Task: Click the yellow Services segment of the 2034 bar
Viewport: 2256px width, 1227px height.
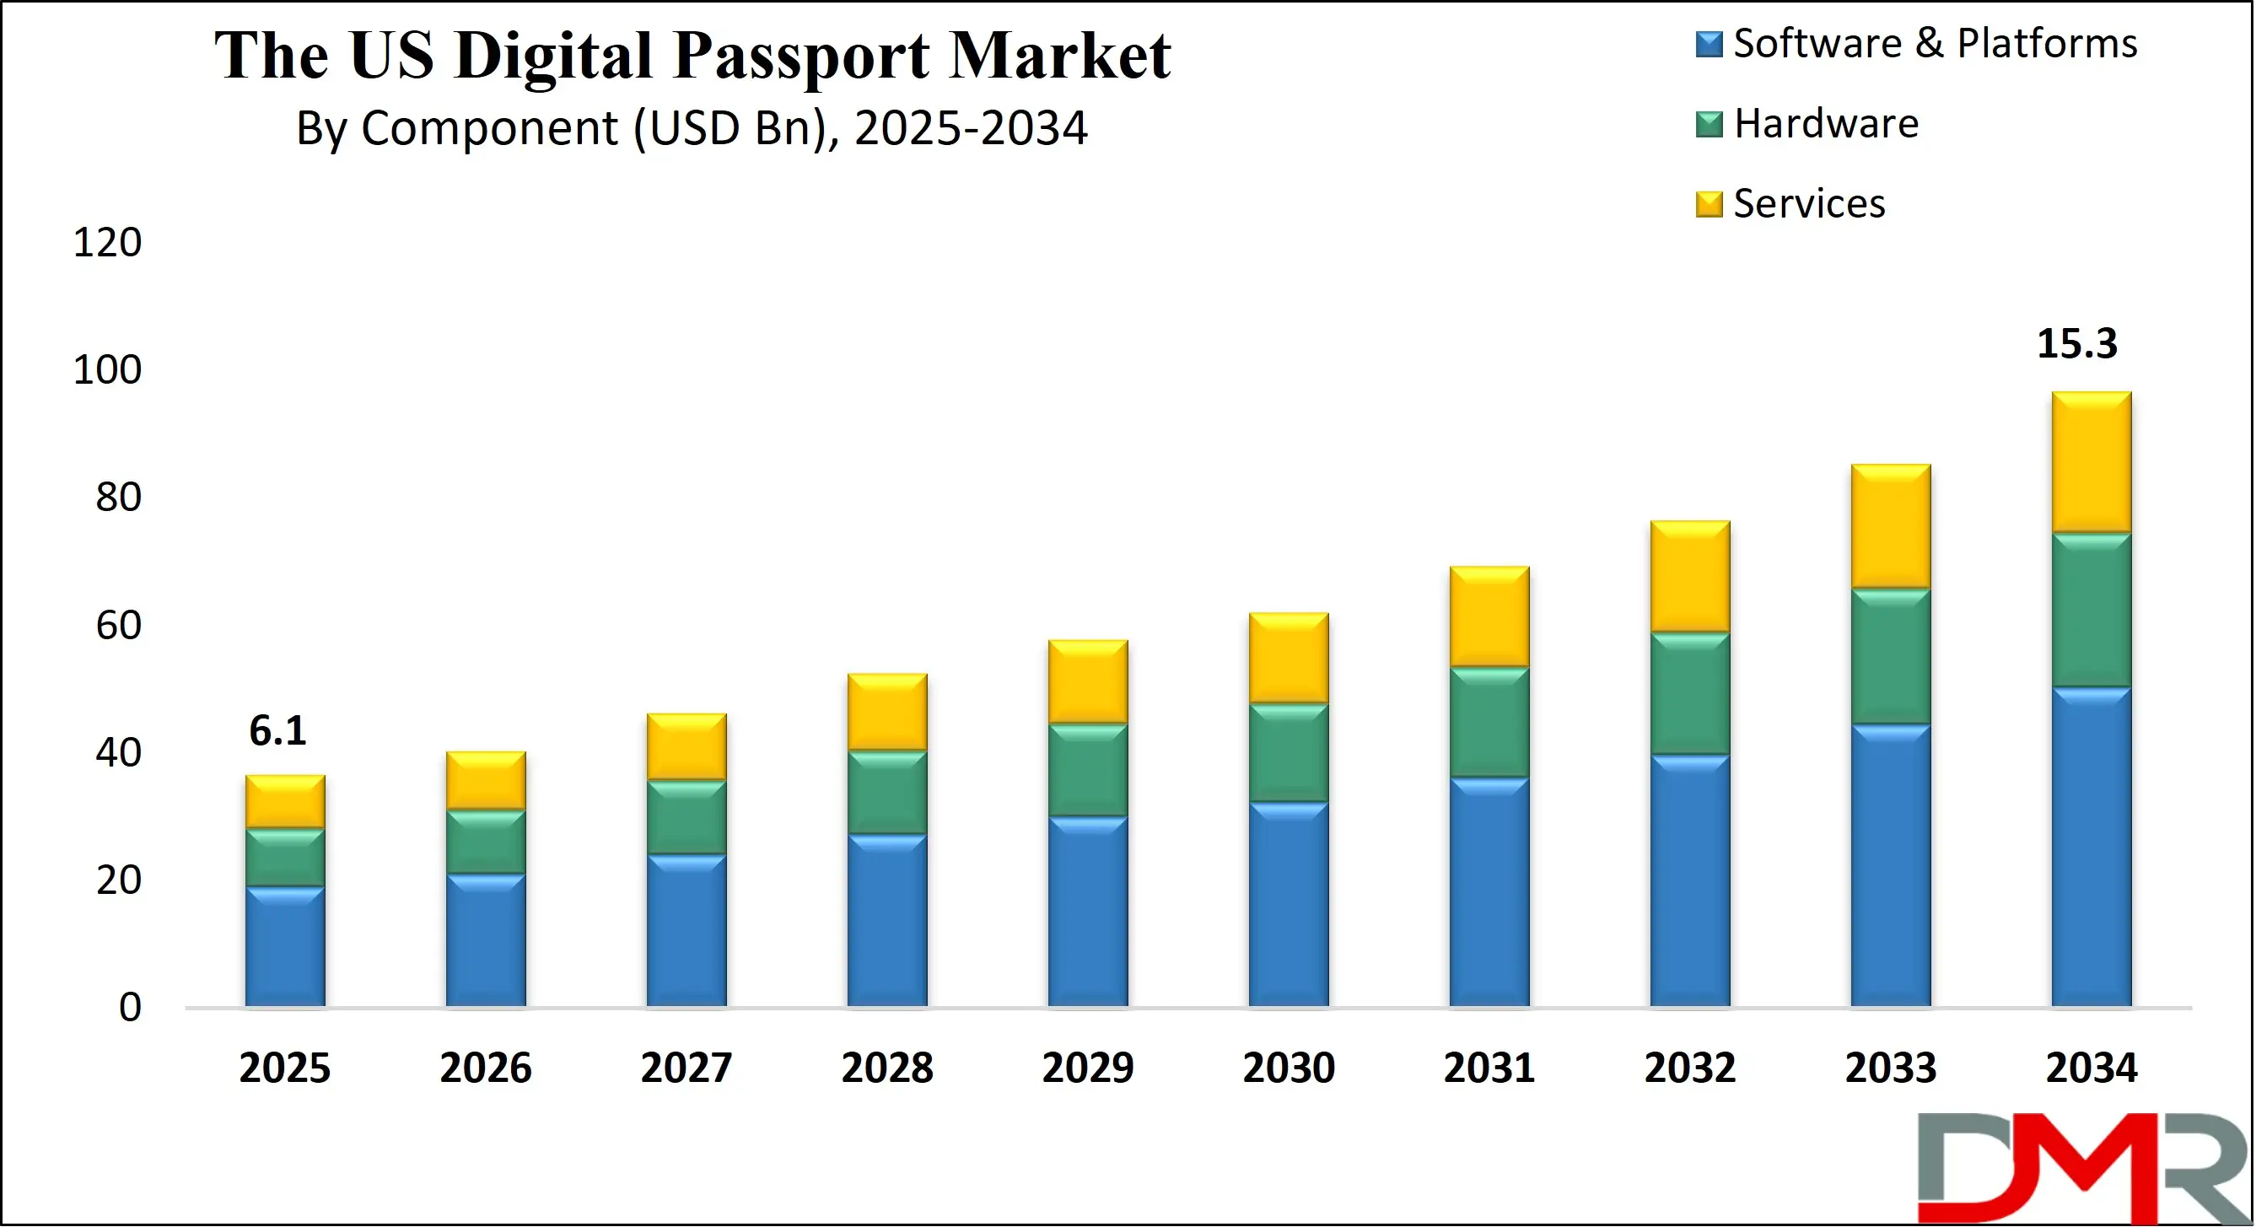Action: click(x=2091, y=462)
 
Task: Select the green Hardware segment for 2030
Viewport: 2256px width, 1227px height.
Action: click(x=1289, y=752)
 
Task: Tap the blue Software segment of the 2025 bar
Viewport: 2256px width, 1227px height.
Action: click(x=284, y=946)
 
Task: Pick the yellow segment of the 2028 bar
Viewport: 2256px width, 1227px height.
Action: click(x=887, y=712)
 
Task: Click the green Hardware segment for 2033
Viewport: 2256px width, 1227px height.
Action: click(x=1890, y=656)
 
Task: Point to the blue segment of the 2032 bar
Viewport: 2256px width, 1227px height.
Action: click(x=1689, y=880)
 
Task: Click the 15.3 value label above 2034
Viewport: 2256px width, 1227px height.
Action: click(x=2076, y=343)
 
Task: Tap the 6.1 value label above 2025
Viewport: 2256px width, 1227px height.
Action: click(x=277, y=730)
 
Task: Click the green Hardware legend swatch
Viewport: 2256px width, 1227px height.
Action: click(x=1709, y=124)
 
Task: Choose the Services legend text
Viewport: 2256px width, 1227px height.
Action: click(x=1808, y=204)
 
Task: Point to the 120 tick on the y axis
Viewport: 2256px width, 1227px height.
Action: click(x=107, y=243)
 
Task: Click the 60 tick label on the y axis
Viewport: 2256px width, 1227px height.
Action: click(x=118, y=626)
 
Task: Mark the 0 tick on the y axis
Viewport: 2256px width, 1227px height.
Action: click(x=130, y=1007)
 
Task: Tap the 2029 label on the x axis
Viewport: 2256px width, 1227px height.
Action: click(x=1088, y=1068)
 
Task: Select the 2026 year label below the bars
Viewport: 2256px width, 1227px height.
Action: click(x=485, y=1068)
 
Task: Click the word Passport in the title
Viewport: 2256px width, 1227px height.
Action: click(x=801, y=56)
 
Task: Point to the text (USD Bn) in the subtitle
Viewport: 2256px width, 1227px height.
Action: click(x=730, y=129)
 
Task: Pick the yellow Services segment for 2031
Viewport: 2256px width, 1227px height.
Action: click(x=1489, y=616)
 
